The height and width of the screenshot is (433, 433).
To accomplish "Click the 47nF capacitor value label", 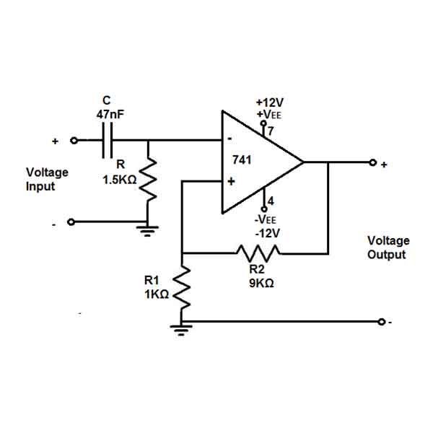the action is (x=110, y=114).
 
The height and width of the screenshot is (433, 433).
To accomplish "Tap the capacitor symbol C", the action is (x=108, y=140).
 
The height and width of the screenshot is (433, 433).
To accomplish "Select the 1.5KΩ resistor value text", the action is (x=120, y=180).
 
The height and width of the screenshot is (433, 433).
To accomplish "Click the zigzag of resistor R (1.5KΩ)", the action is (x=148, y=179).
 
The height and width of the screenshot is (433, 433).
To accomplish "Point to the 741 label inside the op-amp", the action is (x=242, y=160).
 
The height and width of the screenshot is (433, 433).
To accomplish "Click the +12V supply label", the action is (x=270, y=102).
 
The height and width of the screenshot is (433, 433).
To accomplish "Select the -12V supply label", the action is (x=267, y=234).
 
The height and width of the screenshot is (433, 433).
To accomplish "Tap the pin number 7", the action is (x=271, y=131).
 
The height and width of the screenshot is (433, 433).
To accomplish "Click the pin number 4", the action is (x=271, y=201).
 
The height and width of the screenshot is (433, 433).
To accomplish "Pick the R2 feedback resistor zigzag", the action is (x=258, y=253).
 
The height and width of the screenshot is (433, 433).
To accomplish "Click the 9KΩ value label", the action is (x=261, y=284).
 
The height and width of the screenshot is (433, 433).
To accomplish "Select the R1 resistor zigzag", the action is (x=181, y=287).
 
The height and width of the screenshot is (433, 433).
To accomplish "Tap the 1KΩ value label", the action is (x=157, y=294).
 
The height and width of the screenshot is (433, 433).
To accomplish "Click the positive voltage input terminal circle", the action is (x=74, y=141).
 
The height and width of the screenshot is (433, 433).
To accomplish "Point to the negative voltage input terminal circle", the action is (x=71, y=222).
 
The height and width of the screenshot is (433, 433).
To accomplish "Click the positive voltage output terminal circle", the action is (x=373, y=162).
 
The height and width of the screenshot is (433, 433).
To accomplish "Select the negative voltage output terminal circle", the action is (x=381, y=322).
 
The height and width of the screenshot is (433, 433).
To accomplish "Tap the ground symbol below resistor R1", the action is (x=181, y=330).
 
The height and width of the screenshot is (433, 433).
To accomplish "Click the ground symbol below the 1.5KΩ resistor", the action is (x=147, y=231).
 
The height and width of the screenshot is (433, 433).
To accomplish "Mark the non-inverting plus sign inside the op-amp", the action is (x=231, y=181).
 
